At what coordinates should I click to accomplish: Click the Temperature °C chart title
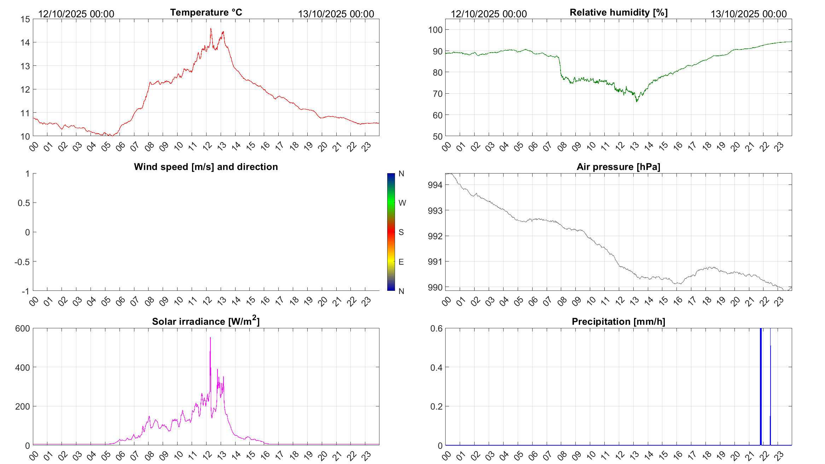(x=206, y=12)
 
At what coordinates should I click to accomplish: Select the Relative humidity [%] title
(x=618, y=12)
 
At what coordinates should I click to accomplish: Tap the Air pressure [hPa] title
(x=618, y=167)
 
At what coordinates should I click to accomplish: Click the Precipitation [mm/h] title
(x=618, y=322)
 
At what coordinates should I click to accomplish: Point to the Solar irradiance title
(x=206, y=321)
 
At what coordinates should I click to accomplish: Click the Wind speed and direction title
(x=206, y=167)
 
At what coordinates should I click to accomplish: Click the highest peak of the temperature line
(x=211, y=29)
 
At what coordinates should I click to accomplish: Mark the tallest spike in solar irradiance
(x=210, y=337)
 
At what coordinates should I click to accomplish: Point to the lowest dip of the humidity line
(x=637, y=101)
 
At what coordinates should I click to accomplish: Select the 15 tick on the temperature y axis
(x=25, y=19)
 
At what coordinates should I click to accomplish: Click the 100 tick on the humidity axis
(x=435, y=30)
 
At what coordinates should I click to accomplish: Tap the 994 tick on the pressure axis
(x=435, y=185)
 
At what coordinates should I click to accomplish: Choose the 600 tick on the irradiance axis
(x=23, y=328)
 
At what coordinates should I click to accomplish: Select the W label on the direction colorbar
(x=402, y=203)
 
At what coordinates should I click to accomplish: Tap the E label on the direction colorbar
(x=401, y=262)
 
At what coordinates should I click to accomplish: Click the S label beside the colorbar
(x=401, y=232)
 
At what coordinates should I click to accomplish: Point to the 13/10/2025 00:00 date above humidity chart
(x=749, y=14)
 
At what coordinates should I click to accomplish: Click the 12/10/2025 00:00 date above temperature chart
(x=76, y=14)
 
